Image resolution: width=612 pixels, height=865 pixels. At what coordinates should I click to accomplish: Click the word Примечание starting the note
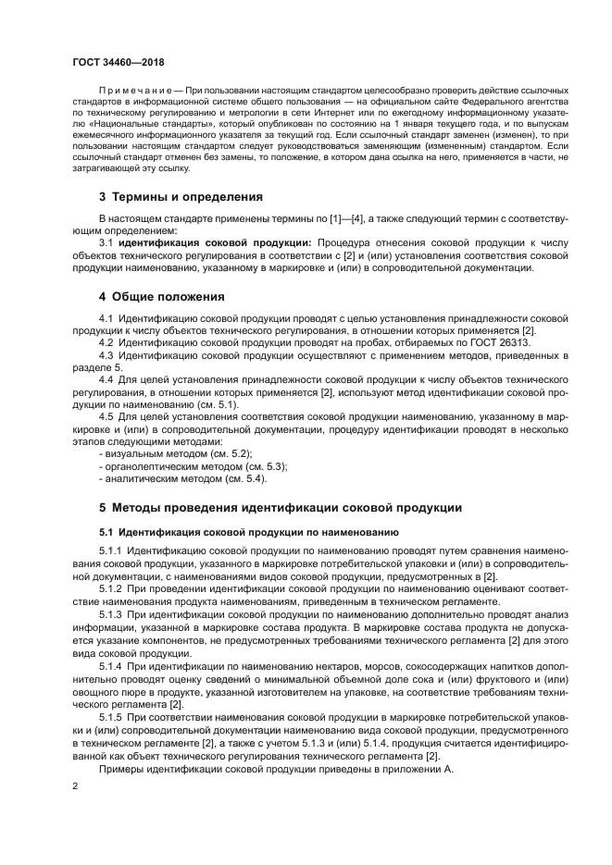click(128, 90)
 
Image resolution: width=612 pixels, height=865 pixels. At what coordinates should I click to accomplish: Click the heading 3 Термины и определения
click(181, 197)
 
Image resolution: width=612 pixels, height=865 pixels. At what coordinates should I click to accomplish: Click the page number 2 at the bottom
click(75, 785)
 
